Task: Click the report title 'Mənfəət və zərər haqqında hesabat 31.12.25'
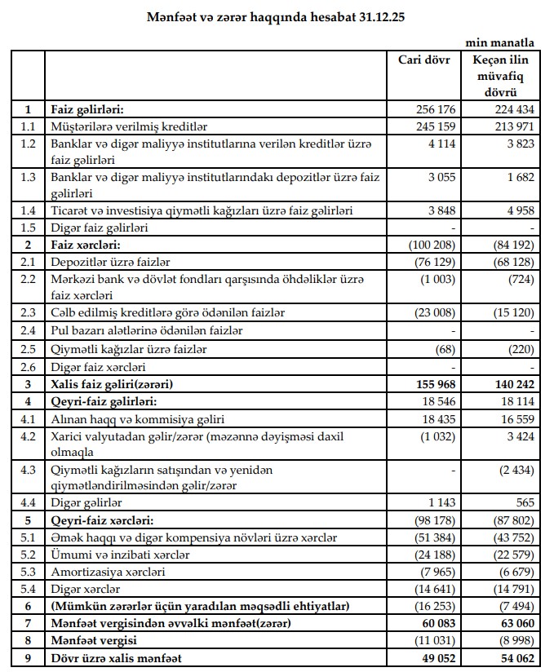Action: [276, 16]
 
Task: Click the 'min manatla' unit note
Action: [500, 42]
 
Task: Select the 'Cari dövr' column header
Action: [424, 60]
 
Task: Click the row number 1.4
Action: [29, 211]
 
